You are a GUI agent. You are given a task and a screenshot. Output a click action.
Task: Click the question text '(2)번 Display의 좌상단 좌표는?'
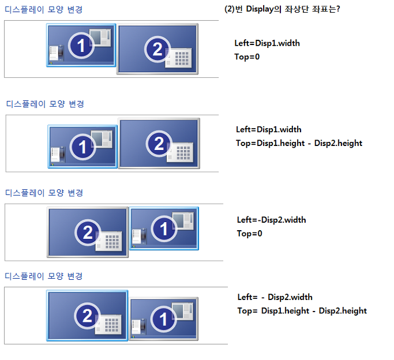point(282,9)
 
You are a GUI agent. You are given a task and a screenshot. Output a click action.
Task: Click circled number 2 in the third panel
point(88,232)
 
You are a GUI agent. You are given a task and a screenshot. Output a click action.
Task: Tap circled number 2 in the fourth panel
point(87,316)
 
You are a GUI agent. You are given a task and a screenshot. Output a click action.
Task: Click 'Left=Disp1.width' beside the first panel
point(267,43)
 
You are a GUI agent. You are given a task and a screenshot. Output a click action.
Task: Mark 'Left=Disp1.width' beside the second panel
point(268,129)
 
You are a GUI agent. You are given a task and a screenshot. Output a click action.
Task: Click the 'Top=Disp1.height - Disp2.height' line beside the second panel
point(299,143)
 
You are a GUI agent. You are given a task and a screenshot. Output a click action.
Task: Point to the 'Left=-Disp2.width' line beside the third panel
point(271,220)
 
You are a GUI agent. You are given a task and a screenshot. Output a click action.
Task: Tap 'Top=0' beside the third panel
point(249,234)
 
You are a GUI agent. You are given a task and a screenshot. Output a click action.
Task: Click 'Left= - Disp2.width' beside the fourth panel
point(275,297)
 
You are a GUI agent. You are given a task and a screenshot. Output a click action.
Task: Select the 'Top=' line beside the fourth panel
point(302,311)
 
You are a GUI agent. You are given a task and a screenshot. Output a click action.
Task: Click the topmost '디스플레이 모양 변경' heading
point(43,10)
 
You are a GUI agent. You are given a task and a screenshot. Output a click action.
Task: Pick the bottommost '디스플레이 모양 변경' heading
point(44,276)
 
